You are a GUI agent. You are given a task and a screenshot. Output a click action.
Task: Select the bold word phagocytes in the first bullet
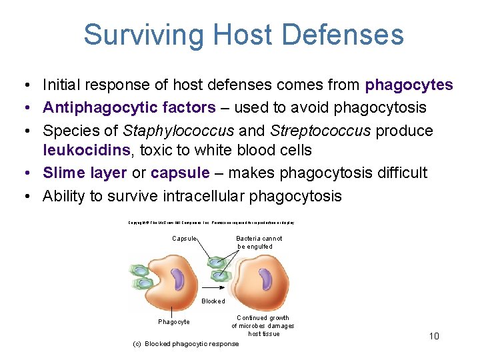point(409,85)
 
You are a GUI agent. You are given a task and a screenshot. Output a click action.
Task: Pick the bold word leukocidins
point(85,151)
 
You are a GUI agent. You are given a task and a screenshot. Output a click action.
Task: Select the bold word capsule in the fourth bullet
point(180,173)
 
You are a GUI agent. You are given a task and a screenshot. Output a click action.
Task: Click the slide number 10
point(434,336)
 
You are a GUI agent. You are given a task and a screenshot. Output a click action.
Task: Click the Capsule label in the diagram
point(184,238)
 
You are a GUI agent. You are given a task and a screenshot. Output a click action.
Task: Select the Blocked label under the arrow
point(213,301)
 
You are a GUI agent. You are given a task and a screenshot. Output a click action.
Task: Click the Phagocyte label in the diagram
point(173,322)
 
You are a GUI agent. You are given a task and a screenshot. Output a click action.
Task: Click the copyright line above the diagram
point(211,222)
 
